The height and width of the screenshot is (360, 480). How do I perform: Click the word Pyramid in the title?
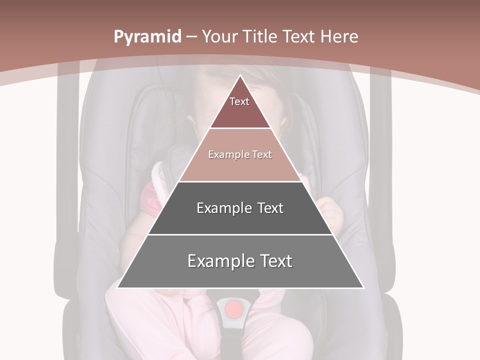click(147, 37)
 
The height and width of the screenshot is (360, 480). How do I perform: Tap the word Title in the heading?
click(260, 36)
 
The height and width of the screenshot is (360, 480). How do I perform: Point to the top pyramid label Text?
click(239, 101)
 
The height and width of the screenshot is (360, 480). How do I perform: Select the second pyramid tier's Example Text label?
click(240, 154)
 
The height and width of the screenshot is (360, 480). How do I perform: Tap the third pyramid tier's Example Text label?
click(240, 208)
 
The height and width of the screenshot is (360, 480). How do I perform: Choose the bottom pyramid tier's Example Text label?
click(240, 261)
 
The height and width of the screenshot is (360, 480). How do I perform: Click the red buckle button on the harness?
click(233, 309)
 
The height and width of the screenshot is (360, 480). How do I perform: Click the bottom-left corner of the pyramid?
click(118, 287)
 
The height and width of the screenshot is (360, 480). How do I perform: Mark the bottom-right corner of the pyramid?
click(363, 287)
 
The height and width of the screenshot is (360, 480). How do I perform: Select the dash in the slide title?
click(190, 37)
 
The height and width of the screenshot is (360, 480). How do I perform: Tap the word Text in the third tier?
click(270, 208)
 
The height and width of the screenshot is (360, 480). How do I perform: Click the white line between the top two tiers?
click(240, 128)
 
